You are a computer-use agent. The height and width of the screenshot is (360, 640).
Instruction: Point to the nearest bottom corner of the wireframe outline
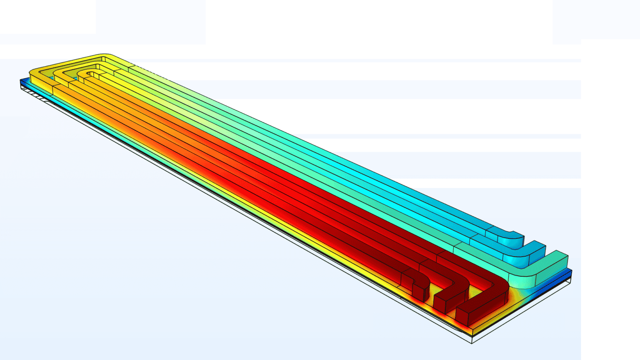coord(472,343)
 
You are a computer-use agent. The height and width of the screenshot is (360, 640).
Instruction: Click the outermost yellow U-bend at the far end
coord(42,71)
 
